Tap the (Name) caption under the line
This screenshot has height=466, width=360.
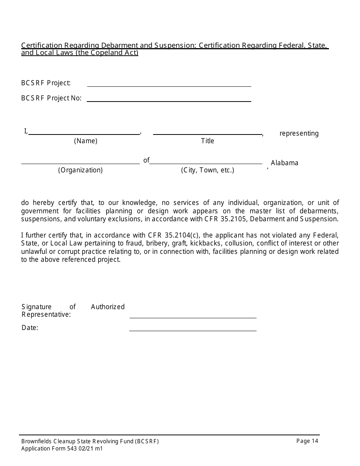(x=86, y=141)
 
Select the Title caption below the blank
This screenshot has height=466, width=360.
(x=208, y=141)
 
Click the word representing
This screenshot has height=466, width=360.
(x=299, y=133)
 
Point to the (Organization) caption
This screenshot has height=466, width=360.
(x=80, y=170)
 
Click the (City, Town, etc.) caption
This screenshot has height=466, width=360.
(x=208, y=170)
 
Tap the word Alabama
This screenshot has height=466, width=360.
(x=285, y=163)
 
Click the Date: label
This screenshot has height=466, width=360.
(x=30, y=328)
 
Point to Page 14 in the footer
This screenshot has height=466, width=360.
(x=307, y=441)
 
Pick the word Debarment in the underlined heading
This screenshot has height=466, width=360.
(x=121, y=45)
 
